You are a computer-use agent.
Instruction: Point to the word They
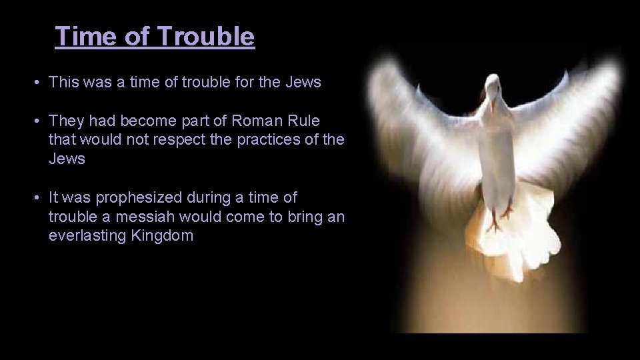[x=65, y=122]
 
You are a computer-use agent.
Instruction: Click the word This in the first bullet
[x=63, y=83]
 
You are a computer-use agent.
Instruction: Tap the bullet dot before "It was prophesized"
[x=39, y=198]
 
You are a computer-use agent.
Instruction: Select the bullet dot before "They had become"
[x=39, y=122]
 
